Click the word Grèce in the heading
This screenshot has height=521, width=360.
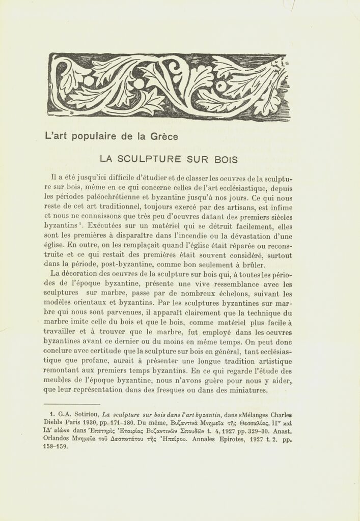[163, 136]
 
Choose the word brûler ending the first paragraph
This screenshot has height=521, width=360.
[252, 265]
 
